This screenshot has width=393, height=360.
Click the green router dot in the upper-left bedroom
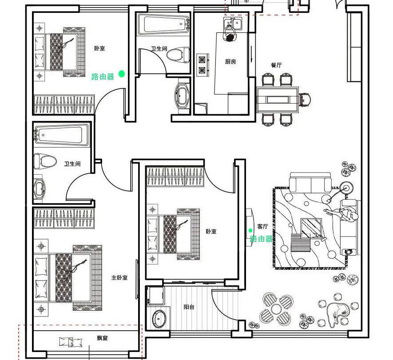(x=121, y=74)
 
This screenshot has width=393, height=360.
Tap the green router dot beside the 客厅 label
(x=250, y=230)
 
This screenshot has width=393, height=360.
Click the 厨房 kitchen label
(x=230, y=62)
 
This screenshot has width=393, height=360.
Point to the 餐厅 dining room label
(x=276, y=65)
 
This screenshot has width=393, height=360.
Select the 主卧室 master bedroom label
(x=119, y=278)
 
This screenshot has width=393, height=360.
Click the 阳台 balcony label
(x=189, y=307)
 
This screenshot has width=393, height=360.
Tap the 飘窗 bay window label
(x=102, y=338)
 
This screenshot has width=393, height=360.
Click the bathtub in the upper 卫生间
(x=163, y=24)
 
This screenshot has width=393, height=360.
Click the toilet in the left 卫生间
(x=45, y=161)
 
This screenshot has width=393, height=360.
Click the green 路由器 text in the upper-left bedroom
(x=103, y=77)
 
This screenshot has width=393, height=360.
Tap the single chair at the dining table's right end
(x=306, y=99)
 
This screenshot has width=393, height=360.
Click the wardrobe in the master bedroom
(x=64, y=218)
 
